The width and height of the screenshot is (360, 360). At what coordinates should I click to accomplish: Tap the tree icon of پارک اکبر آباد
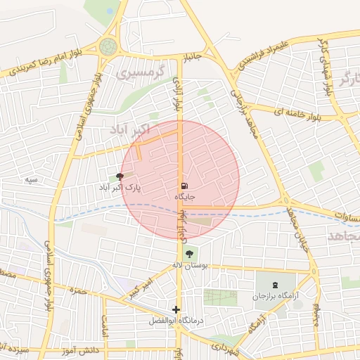(120, 178)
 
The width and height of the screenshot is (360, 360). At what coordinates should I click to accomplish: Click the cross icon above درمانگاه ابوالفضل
(176, 309)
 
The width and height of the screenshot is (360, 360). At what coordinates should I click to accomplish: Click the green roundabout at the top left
(108, 46)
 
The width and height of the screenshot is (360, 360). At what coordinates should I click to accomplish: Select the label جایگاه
(184, 198)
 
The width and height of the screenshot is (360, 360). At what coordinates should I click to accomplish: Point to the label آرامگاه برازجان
(274, 297)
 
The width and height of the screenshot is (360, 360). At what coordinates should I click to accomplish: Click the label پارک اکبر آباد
(120, 188)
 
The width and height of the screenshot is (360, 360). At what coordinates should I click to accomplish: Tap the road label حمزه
(78, 289)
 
